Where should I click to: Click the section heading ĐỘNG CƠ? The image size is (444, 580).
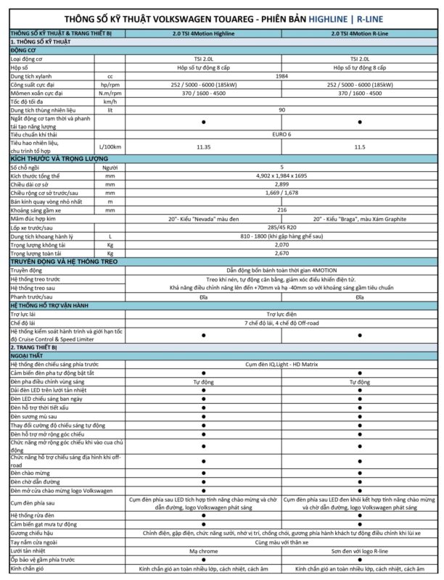[23, 50]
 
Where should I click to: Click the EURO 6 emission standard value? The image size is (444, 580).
[281, 133]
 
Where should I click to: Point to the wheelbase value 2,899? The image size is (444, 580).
[281, 184]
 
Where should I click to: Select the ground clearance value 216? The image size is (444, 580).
[281, 209]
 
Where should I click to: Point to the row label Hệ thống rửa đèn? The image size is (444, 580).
[36, 515]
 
